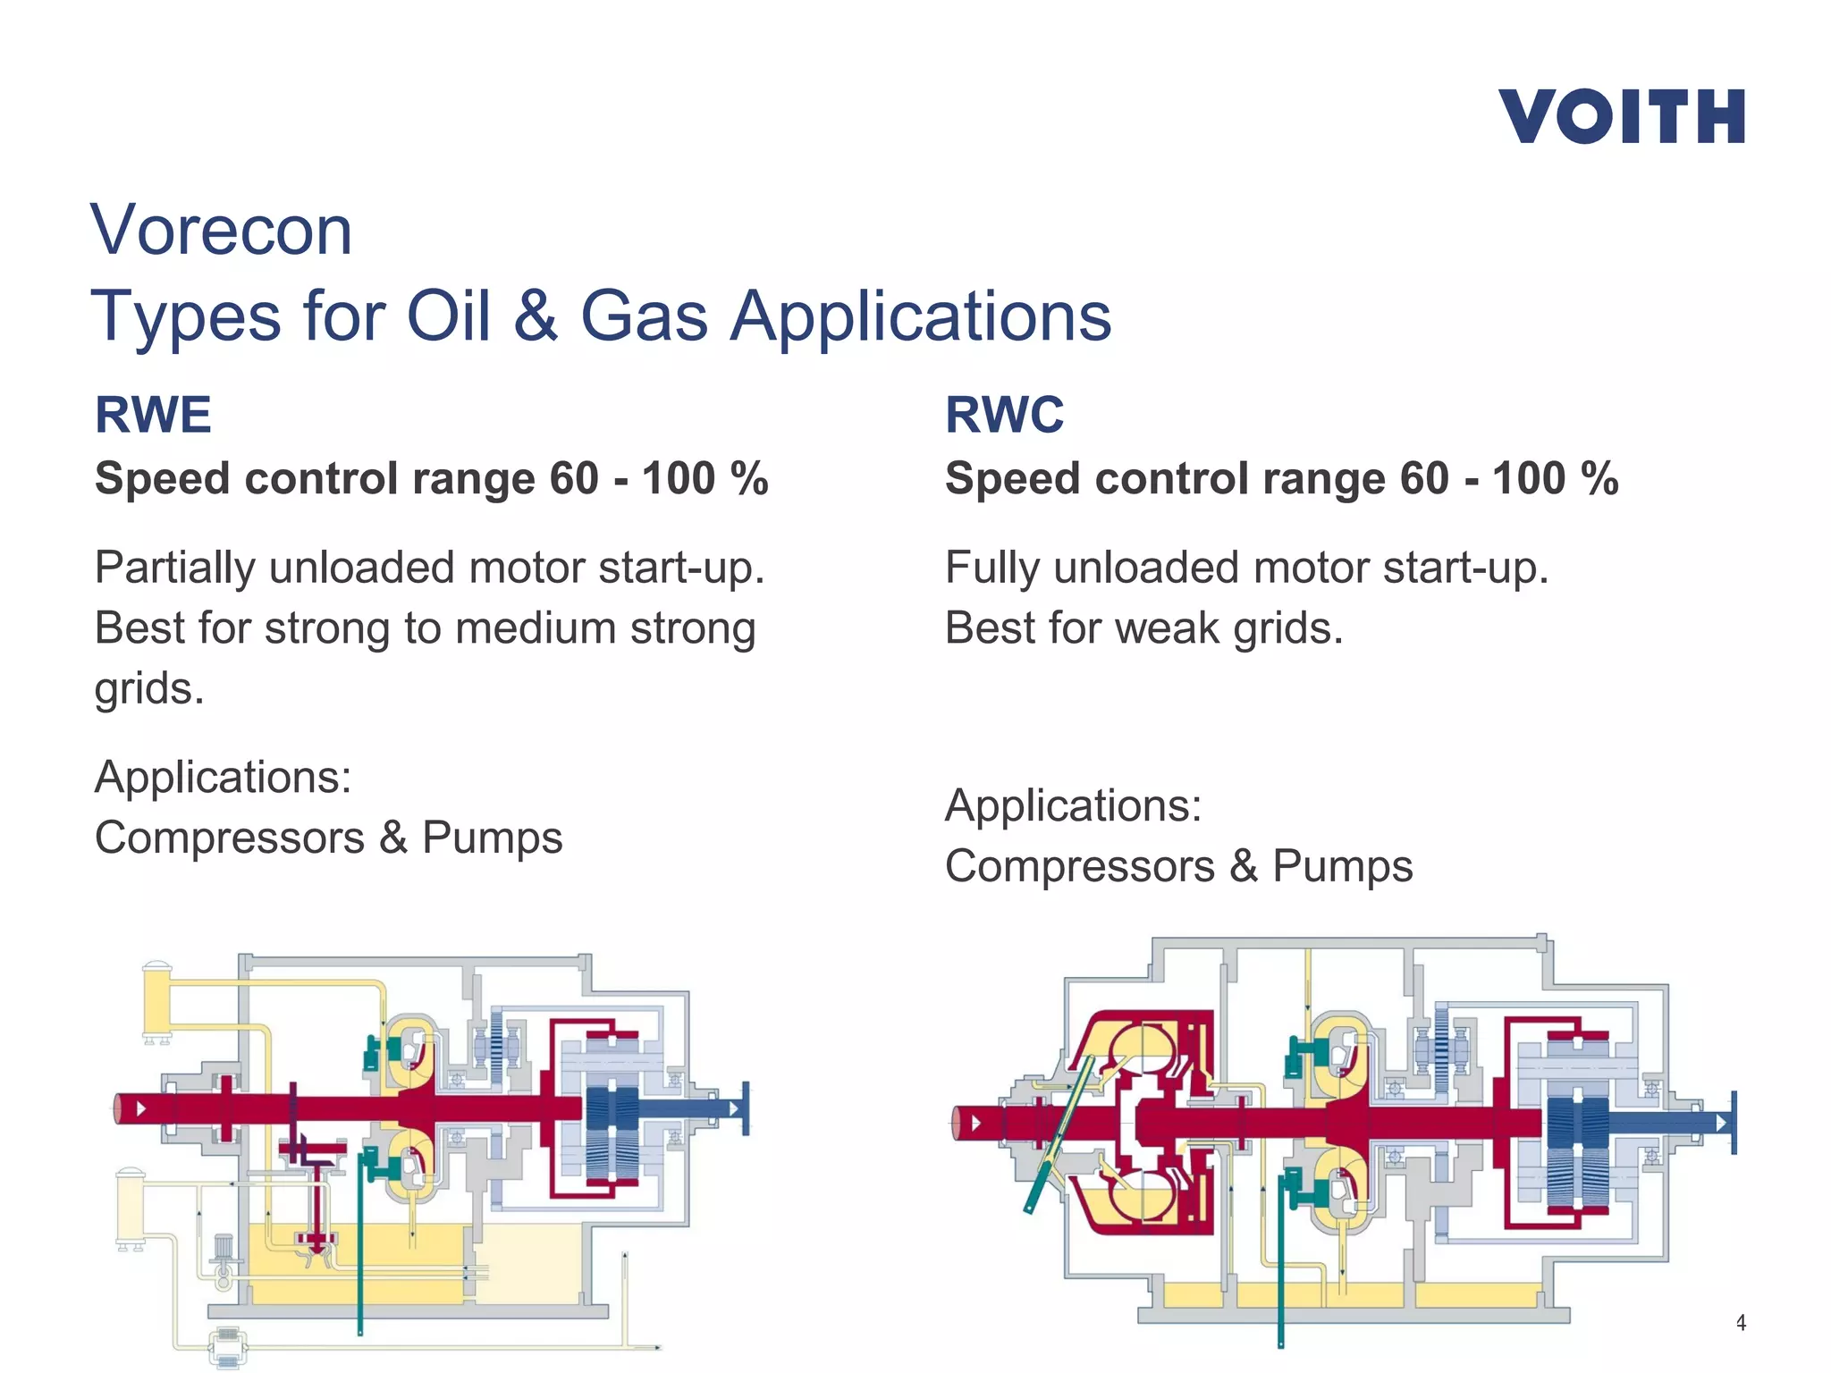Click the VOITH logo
point(1621,116)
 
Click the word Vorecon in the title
point(221,231)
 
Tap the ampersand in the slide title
point(535,316)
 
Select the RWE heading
point(153,415)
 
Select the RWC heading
point(1004,415)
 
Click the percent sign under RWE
point(749,478)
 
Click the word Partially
point(174,569)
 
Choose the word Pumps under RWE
point(492,838)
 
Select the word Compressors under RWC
point(1079,867)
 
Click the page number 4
point(1740,1322)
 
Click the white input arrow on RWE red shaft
point(141,1109)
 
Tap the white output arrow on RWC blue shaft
point(1720,1122)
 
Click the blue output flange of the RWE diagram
point(746,1109)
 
